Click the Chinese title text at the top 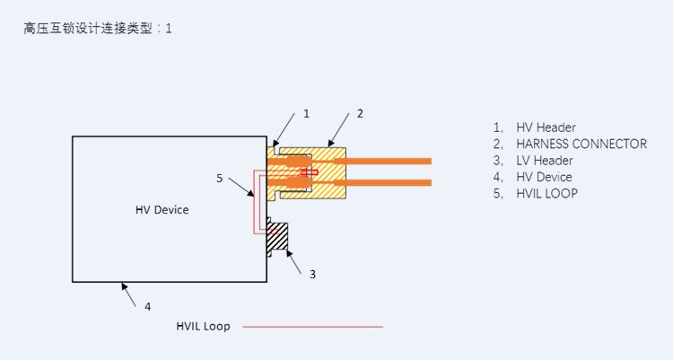point(98,28)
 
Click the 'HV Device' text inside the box point(162,209)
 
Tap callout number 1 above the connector point(306,113)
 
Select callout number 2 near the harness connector point(360,113)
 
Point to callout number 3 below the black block point(312,274)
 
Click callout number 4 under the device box point(148,306)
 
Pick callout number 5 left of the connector point(220,178)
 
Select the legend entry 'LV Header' point(544,161)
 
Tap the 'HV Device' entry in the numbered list point(544,177)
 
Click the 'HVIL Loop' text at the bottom point(203,326)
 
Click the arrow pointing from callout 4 point(130,294)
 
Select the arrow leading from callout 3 point(295,259)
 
